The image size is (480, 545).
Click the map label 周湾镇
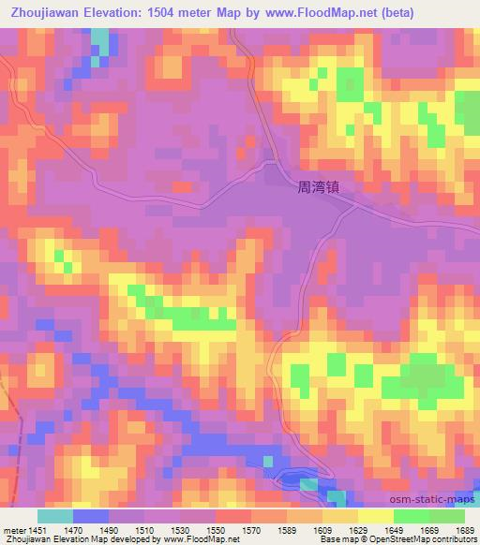point(316,187)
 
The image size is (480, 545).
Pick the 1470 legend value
point(73,528)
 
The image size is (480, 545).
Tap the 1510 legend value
point(145,528)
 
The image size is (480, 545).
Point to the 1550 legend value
point(217,528)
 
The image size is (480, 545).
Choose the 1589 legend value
point(289,528)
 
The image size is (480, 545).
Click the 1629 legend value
point(360,528)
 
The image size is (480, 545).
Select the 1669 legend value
point(431,528)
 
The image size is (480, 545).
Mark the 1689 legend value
point(465,528)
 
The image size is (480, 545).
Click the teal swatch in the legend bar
point(55,516)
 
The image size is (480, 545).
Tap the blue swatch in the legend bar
point(91,516)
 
